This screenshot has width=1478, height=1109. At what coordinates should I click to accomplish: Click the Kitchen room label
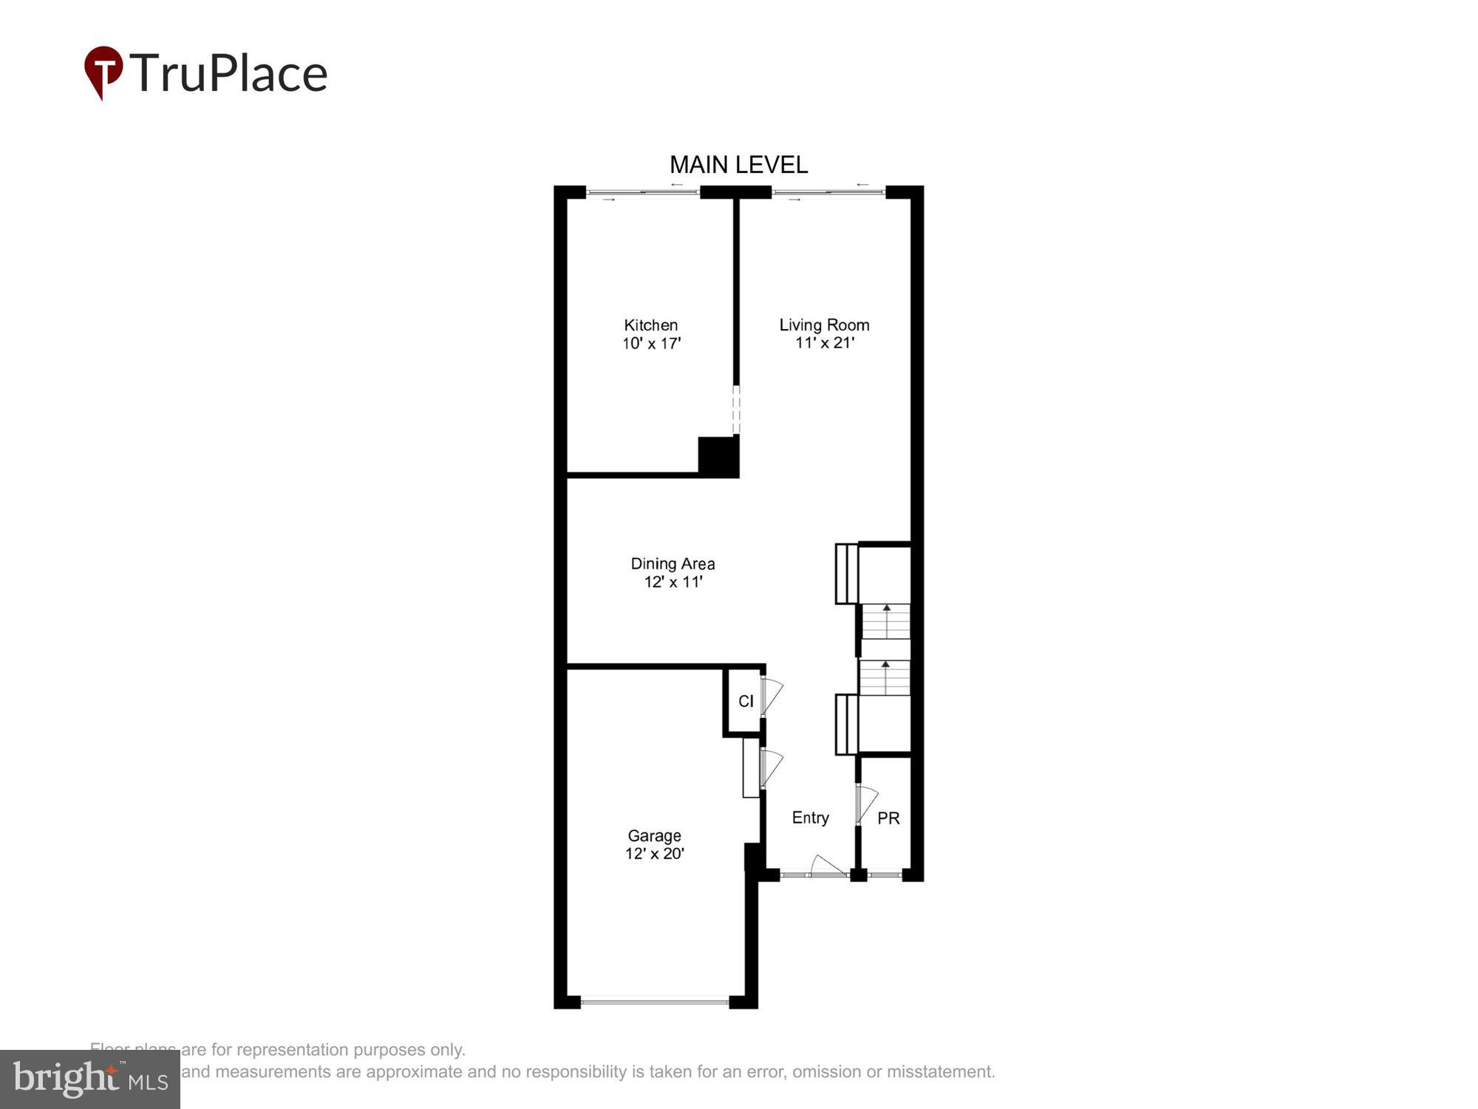650,325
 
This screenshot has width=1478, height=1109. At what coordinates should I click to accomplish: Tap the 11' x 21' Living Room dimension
825,343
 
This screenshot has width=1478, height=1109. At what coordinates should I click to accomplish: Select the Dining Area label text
672,563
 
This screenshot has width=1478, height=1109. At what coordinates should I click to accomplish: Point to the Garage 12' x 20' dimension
654,854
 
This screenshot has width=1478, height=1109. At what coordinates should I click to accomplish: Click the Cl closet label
746,701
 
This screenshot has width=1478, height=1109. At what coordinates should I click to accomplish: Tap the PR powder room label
888,818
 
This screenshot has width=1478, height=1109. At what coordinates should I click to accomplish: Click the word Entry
810,818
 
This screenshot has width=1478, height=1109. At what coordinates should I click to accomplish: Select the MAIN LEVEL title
738,165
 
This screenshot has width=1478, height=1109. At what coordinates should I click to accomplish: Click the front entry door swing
827,866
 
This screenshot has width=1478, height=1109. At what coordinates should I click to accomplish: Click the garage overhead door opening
655,1003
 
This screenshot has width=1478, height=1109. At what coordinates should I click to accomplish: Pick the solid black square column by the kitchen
718,456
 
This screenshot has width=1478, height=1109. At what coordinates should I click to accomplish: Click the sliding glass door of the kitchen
643,193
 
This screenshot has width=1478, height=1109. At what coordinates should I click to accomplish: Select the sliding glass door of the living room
828,193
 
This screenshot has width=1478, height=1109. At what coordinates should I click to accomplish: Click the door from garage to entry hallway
769,769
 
